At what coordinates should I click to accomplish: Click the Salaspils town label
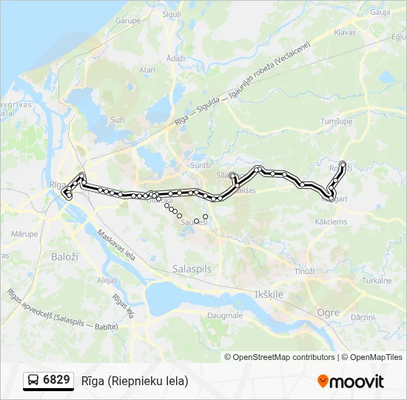click(192, 269)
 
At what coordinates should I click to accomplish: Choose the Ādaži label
click(175, 58)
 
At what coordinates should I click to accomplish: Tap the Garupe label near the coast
click(127, 21)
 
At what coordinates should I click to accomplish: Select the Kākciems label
click(331, 221)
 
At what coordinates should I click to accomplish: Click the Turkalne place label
click(376, 281)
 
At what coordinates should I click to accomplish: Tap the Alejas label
click(107, 280)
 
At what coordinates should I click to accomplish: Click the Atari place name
click(147, 70)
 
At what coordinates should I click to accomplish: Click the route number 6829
click(56, 380)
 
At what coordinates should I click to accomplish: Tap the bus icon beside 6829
click(33, 381)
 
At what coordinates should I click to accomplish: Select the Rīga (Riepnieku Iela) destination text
click(135, 381)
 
